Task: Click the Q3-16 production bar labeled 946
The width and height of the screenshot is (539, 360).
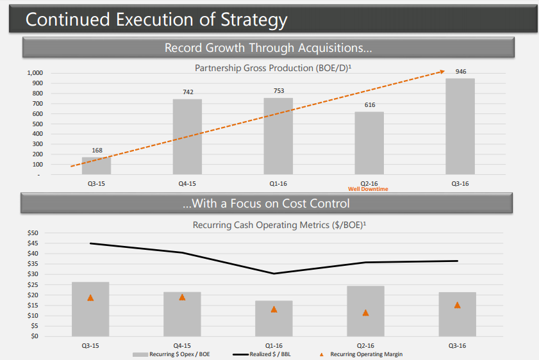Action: pos(460,126)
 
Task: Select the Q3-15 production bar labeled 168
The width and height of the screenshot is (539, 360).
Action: pos(96,166)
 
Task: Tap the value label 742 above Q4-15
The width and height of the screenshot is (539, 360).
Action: pos(188,92)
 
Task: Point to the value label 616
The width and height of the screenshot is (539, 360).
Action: pos(369,105)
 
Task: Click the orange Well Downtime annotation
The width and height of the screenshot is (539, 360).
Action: pos(368,189)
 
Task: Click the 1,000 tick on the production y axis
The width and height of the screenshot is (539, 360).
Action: pos(35,73)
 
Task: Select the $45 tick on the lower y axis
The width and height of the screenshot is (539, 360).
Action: pos(33,243)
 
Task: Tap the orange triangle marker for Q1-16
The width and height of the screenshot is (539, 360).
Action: pos(274,309)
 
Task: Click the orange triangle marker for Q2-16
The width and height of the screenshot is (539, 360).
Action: pos(365,313)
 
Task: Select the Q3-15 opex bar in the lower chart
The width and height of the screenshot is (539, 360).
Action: pos(90,309)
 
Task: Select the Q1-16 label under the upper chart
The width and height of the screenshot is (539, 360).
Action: pos(278,184)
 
